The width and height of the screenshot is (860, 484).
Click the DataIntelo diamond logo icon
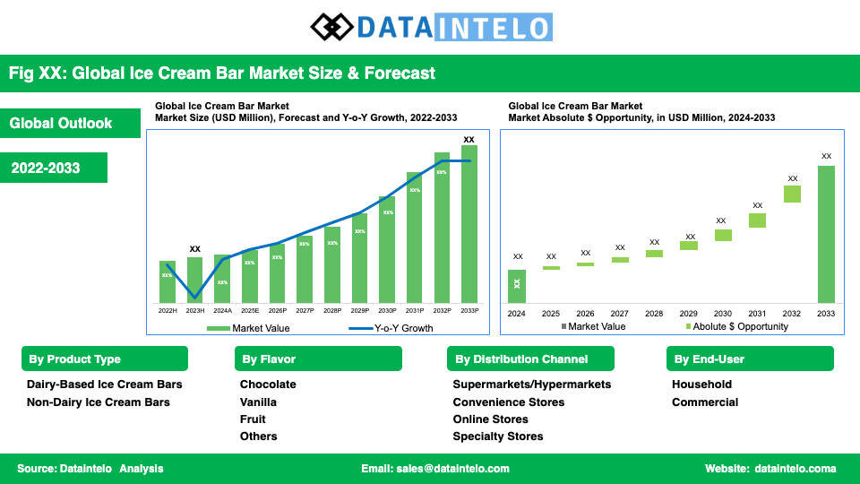coord(331,26)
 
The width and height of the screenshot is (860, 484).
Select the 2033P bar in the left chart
coord(469,224)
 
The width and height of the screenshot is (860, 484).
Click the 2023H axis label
coord(194,310)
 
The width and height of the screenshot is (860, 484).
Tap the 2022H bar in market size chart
coord(168,281)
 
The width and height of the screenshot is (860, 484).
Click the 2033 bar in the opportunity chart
coord(826,234)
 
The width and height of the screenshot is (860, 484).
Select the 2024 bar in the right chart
coord(517,286)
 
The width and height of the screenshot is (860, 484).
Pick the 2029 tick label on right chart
coord(688,314)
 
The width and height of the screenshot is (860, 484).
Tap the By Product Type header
coord(105,359)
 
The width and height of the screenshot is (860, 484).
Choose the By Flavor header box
coord(318,359)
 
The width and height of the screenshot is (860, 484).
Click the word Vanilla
coord(258,402)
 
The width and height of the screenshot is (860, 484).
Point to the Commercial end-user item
coord(705,402)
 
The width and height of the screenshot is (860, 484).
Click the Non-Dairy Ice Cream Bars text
coord(99,402)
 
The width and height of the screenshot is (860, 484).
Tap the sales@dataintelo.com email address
coord(435,469)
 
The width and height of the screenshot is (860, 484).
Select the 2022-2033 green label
coord(55,169)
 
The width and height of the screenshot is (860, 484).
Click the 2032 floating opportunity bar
coord(792,194)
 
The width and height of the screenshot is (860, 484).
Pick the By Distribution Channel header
coord(530,359)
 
